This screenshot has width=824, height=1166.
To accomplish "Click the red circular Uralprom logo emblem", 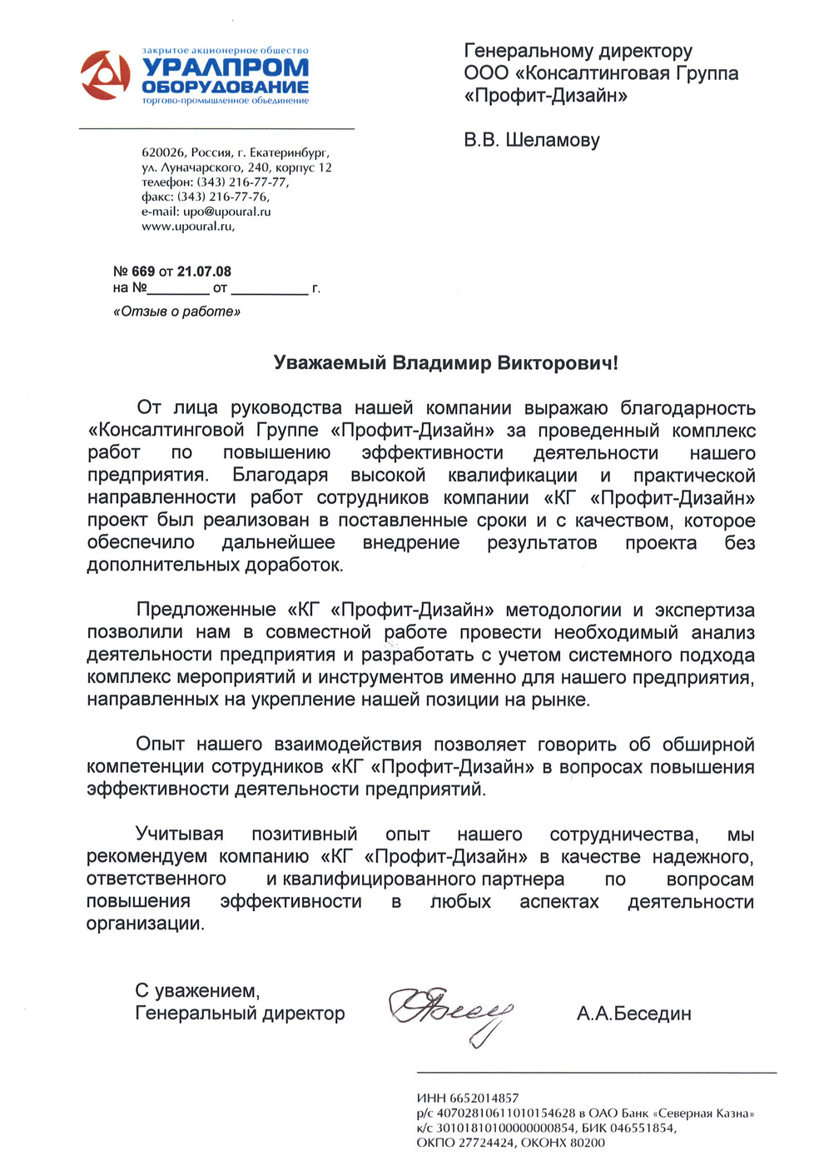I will pos(105,75).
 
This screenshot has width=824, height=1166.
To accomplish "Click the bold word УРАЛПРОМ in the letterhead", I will pos(225,68).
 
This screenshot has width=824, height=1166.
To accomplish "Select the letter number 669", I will pos(143,272).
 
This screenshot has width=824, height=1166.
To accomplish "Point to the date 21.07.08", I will pos(204,272).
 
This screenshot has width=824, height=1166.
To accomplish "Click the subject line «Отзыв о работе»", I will pos(176,311).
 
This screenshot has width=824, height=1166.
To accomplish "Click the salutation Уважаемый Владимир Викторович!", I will pos(446,363).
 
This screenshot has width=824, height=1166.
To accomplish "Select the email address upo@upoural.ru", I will pos(227,212).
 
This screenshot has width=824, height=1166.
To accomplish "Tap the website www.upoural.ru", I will pos(186,226).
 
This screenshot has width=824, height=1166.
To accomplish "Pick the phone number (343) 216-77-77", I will pos(242,182).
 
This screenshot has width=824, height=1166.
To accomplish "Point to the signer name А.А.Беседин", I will pos(633,1014).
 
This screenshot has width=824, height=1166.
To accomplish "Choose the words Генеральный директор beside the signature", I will pos(240,1014).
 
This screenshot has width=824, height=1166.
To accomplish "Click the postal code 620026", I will pos(163,153).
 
